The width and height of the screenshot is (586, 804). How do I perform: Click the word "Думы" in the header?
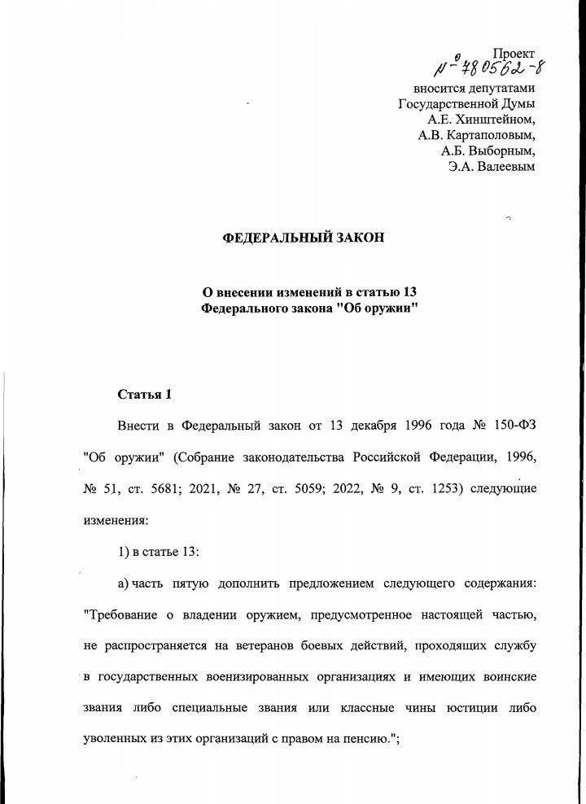pyautogui.click(x=518, y=104)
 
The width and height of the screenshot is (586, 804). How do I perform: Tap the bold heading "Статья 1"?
pyautogui.click(x=146, y=395)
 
